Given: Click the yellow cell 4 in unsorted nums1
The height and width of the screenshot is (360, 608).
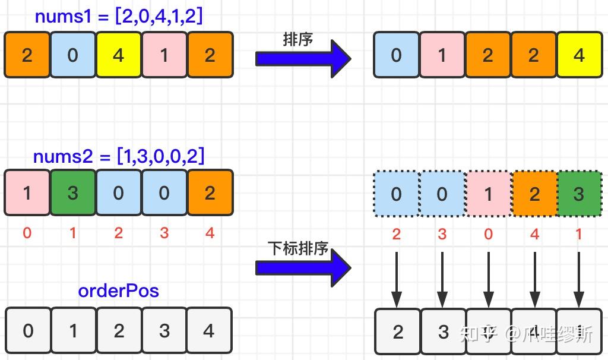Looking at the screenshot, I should [x=118, y=55].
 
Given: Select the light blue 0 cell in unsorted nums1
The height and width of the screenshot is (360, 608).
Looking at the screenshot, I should [x=72, y=55].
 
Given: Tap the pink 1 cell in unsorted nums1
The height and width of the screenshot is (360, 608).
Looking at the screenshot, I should [x=164, y=55].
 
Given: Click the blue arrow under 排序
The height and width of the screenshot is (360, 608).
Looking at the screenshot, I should [x=303, y=58].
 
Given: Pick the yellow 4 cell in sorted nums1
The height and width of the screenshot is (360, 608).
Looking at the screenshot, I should [x=579, y=55].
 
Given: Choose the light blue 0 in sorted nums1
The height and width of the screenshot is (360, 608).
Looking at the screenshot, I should [x=396, y=55].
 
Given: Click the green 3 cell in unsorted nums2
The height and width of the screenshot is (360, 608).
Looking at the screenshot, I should [x=72, y=192].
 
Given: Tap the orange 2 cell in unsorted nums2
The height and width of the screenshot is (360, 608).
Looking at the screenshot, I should [x=210, y=192].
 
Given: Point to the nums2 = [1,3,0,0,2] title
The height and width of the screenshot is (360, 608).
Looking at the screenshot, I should [x=119, y=157].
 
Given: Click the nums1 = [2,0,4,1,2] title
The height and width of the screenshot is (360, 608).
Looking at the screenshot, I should [x=119, y=17].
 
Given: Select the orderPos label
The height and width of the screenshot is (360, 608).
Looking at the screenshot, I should [x=118, y=291].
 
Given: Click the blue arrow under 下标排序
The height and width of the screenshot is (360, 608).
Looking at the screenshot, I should [x=303, y=267].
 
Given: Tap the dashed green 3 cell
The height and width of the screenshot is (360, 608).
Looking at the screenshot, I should [x=579, y=194].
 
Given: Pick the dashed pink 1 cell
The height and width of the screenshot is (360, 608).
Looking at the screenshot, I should [x=488, y=194].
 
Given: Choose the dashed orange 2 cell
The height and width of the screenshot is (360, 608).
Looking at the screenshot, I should [x=534, y=194].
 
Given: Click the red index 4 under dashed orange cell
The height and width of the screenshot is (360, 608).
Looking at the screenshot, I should [x=534, y=233].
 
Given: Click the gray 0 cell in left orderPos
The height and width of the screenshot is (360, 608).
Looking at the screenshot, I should [x=28, y=330].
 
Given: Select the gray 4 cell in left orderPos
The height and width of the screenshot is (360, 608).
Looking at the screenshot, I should [x=209, y=330].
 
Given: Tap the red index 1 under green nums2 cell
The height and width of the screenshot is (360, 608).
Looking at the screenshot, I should [x=72, y=233].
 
